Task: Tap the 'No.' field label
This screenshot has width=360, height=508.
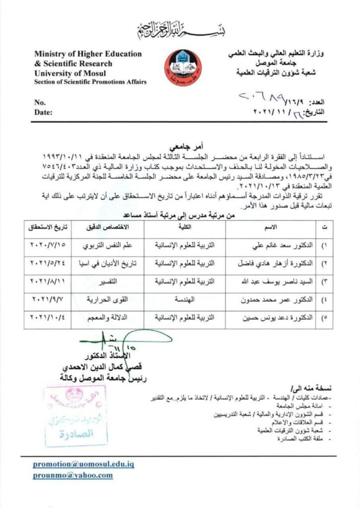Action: (x=40, y=103)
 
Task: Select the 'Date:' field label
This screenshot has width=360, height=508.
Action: (x=43, y=113)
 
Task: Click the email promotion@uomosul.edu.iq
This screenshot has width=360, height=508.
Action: (x=83, y=464)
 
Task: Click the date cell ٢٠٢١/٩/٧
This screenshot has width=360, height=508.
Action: (x=49, y=300)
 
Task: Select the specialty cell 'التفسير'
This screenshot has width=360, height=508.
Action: (x=107, y=281)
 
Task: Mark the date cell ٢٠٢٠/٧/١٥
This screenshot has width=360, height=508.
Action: (x=49, y=245)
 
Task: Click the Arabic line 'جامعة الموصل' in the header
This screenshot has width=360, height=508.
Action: (x=272, y=64)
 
